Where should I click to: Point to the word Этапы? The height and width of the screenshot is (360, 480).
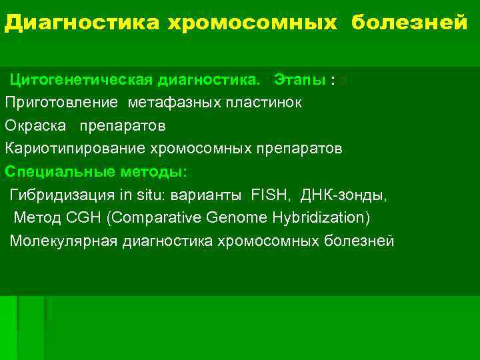point(300,81)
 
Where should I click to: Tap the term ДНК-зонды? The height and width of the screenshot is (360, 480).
point(343,195)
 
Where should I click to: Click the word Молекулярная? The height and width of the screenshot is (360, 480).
point(64,241)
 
